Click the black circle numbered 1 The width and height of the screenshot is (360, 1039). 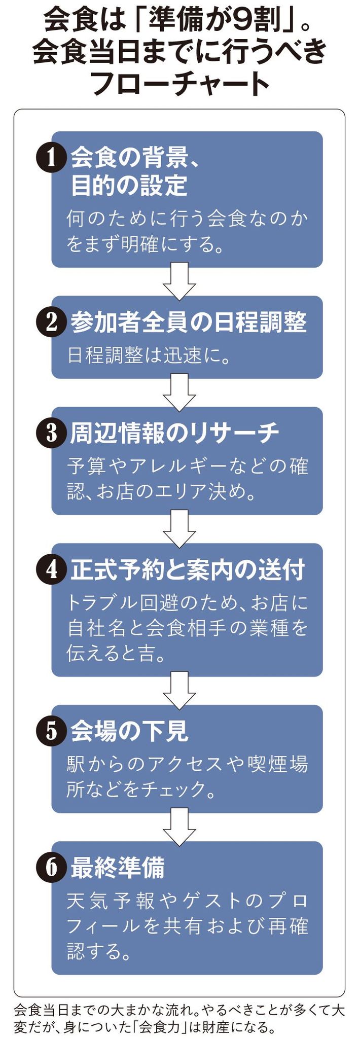(51, 158)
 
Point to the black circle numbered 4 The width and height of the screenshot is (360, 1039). (51, 569)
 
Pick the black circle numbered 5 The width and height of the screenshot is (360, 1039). (51, 731)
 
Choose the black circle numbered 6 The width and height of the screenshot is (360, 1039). (51, 867)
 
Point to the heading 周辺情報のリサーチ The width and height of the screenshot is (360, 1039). (174, 433)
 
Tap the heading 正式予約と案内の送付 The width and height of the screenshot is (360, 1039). (188, 569)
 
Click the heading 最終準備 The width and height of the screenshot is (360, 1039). (118, 868)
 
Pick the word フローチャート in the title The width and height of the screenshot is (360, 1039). (180, 83)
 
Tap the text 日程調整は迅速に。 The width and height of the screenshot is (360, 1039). (149, 355)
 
